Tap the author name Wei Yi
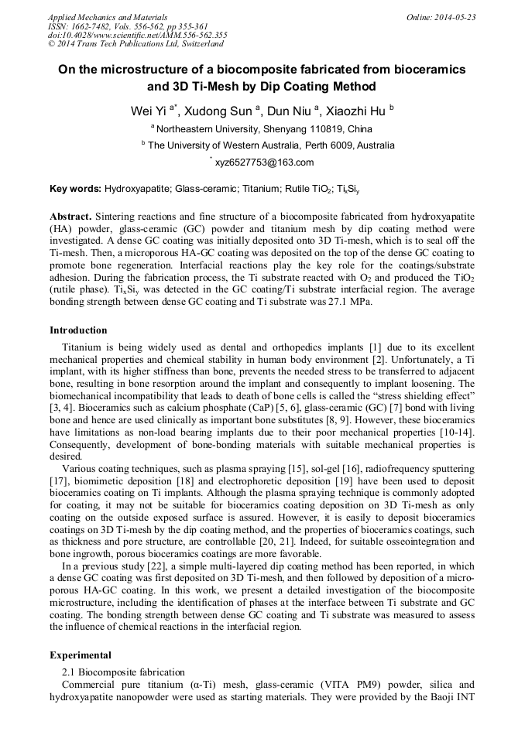(x=148, y=111)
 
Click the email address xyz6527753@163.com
(x=264, y=162)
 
